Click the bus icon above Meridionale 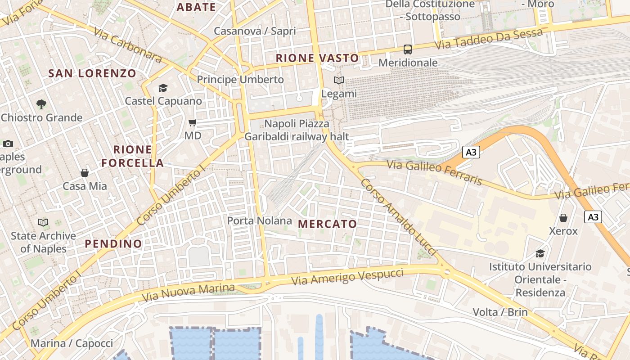tap(408, 49)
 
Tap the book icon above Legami tap(338, 81)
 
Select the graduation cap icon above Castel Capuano tap(163, 88)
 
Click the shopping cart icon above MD tap(193, 122)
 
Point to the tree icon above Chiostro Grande tap(41, 104)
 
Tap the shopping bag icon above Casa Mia tap(85, 173)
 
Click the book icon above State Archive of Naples tap(43, 222)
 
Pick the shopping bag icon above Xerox tap(563, 218)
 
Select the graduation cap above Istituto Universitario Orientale tap(540, 253)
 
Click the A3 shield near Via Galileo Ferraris tap(471, 152)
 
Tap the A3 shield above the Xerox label tap(593, 217)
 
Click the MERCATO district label tap(327, 224)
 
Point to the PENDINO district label tap(113, 244)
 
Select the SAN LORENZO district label tap(92, 73)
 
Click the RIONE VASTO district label tap(317, 58)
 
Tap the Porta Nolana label tap(259, 220)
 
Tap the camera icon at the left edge tap(8, 144)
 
